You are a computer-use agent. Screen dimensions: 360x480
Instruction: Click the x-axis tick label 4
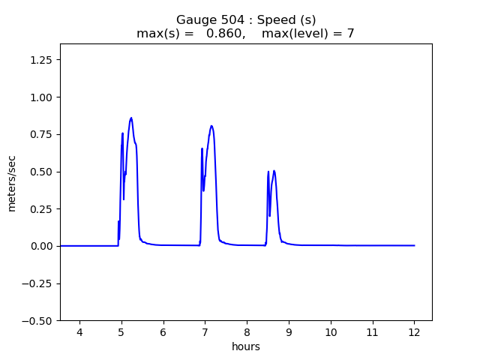click(79, 333)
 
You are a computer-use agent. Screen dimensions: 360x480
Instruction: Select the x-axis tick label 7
click(205, 333)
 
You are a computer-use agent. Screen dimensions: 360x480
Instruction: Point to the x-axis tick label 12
click(414, 333)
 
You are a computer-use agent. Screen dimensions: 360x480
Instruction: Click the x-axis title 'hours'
click(246, 346)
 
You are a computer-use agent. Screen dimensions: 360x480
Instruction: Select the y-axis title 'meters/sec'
click(12, 182)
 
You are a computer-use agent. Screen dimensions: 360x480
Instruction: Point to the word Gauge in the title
click(193, 20)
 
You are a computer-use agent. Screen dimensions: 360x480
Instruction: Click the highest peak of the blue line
click(131, 118)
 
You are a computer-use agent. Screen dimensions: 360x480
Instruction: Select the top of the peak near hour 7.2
click(211, 126)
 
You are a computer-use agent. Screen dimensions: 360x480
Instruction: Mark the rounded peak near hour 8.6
click(274, 171)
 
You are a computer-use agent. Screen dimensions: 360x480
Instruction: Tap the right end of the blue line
click(414, 245)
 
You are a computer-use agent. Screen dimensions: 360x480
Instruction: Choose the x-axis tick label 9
click(289, 333)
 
